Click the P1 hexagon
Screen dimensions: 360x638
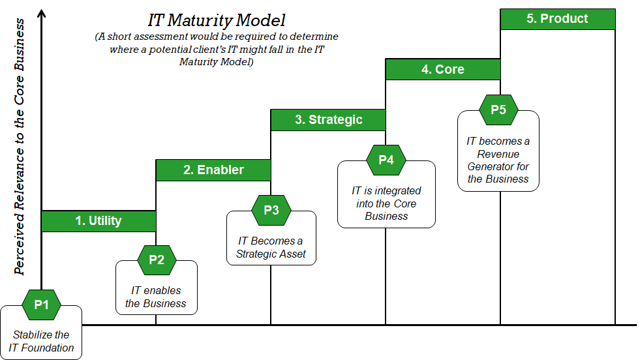tap(42, 304)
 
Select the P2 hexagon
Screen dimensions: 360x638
tap(157, 260)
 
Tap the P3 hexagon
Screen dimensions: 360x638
tap(271, 210)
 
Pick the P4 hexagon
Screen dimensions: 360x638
tap(386, 160)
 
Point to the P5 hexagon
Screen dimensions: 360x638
tap(498, 110)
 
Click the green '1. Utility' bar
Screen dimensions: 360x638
tap(99, 220)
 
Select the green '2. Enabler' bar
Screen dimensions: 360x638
tap(213, 170)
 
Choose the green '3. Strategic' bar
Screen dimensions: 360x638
tap(328, 119)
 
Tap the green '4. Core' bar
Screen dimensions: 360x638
tap(443, 69)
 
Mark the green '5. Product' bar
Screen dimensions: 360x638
tap(557, 19)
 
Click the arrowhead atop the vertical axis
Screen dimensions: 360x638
tap(42, 14)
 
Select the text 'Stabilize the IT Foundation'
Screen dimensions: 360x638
tap(41, 341)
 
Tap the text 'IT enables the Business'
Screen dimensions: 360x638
tap(156, 297)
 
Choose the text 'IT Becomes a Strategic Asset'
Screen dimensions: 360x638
tap(271, 247)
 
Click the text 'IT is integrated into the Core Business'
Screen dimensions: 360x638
tap(386, 203)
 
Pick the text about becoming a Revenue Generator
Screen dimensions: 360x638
tap(498, 160)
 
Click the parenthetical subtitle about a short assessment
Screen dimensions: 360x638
tap(216, 50)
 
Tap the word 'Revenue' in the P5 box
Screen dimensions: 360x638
tap(498, 154)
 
